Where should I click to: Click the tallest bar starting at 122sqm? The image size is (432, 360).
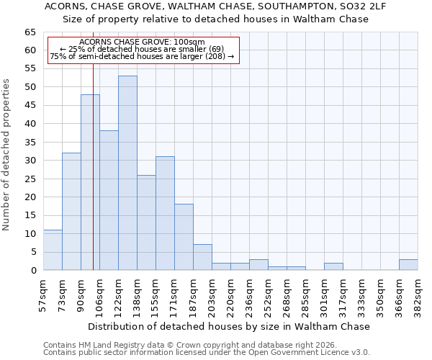click(127, 173)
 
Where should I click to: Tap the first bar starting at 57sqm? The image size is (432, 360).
click(53, 250)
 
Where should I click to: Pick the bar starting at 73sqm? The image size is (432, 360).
click(71, 212)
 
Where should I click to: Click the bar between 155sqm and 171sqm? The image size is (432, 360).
click(165, 213)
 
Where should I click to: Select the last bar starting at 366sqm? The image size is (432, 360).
click(408, 264)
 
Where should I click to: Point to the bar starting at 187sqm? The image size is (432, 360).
click(202, 257)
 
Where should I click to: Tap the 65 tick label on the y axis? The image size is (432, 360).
click(30, 32)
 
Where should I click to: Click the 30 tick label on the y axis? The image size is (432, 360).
click(30, 161)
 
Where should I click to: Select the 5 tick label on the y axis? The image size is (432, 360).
click(33, 252)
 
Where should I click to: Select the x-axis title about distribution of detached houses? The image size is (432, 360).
click(230, 326)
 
